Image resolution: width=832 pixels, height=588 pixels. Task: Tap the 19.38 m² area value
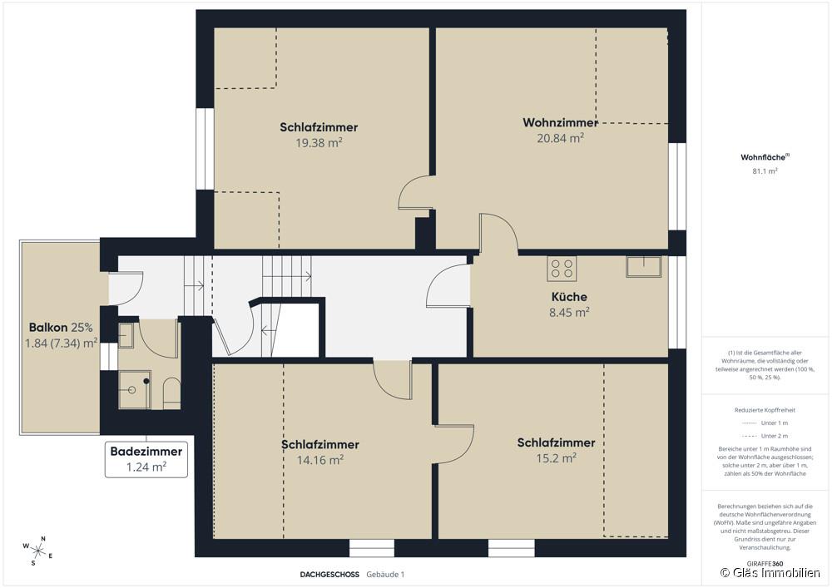point(319,142)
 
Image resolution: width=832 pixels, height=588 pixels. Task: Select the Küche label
point(569,297)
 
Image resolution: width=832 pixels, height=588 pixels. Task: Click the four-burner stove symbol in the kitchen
point(562,268)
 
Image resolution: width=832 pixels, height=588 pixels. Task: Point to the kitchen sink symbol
point(643,266)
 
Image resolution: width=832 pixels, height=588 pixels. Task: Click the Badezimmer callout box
point(146,459)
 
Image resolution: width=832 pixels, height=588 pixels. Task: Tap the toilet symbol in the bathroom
point(171,393)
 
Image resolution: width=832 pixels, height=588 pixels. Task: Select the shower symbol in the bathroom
point(134,389)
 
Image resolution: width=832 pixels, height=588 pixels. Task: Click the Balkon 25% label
point(61,327)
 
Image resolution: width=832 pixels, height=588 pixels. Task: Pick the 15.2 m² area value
point(557,458)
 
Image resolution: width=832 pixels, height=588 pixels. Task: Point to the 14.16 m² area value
point(320,459)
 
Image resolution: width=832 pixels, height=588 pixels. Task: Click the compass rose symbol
point(38,549)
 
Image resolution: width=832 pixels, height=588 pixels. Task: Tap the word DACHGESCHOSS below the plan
point(329,574)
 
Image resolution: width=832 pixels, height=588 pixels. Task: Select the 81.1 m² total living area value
point(765,171)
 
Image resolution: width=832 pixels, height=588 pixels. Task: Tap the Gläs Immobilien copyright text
point(770,573)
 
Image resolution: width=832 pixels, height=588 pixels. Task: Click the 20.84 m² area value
point(560,138)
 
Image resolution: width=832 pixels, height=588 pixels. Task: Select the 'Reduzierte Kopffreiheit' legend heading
point(765,410)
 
